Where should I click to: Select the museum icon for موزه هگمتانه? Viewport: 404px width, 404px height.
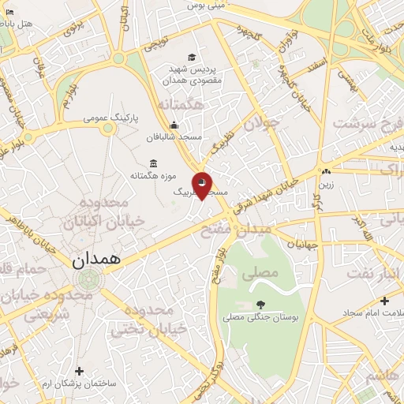click(151, 163)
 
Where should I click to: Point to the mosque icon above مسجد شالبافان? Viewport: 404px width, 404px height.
click(174, 125)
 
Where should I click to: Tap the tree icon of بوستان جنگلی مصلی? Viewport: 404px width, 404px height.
click(260, 305)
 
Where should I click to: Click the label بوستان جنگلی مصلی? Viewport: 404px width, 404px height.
click(260, 318)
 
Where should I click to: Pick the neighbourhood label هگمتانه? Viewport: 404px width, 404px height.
click(181, 104)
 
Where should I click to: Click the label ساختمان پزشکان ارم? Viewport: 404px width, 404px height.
click(79, 383)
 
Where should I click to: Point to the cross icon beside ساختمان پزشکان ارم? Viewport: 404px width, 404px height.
click(79, 371)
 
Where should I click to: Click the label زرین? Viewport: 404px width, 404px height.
click(326, 185)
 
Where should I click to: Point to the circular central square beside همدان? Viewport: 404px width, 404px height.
click(89, 278)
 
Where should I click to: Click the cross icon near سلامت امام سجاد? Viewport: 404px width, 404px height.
click(384, 301)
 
